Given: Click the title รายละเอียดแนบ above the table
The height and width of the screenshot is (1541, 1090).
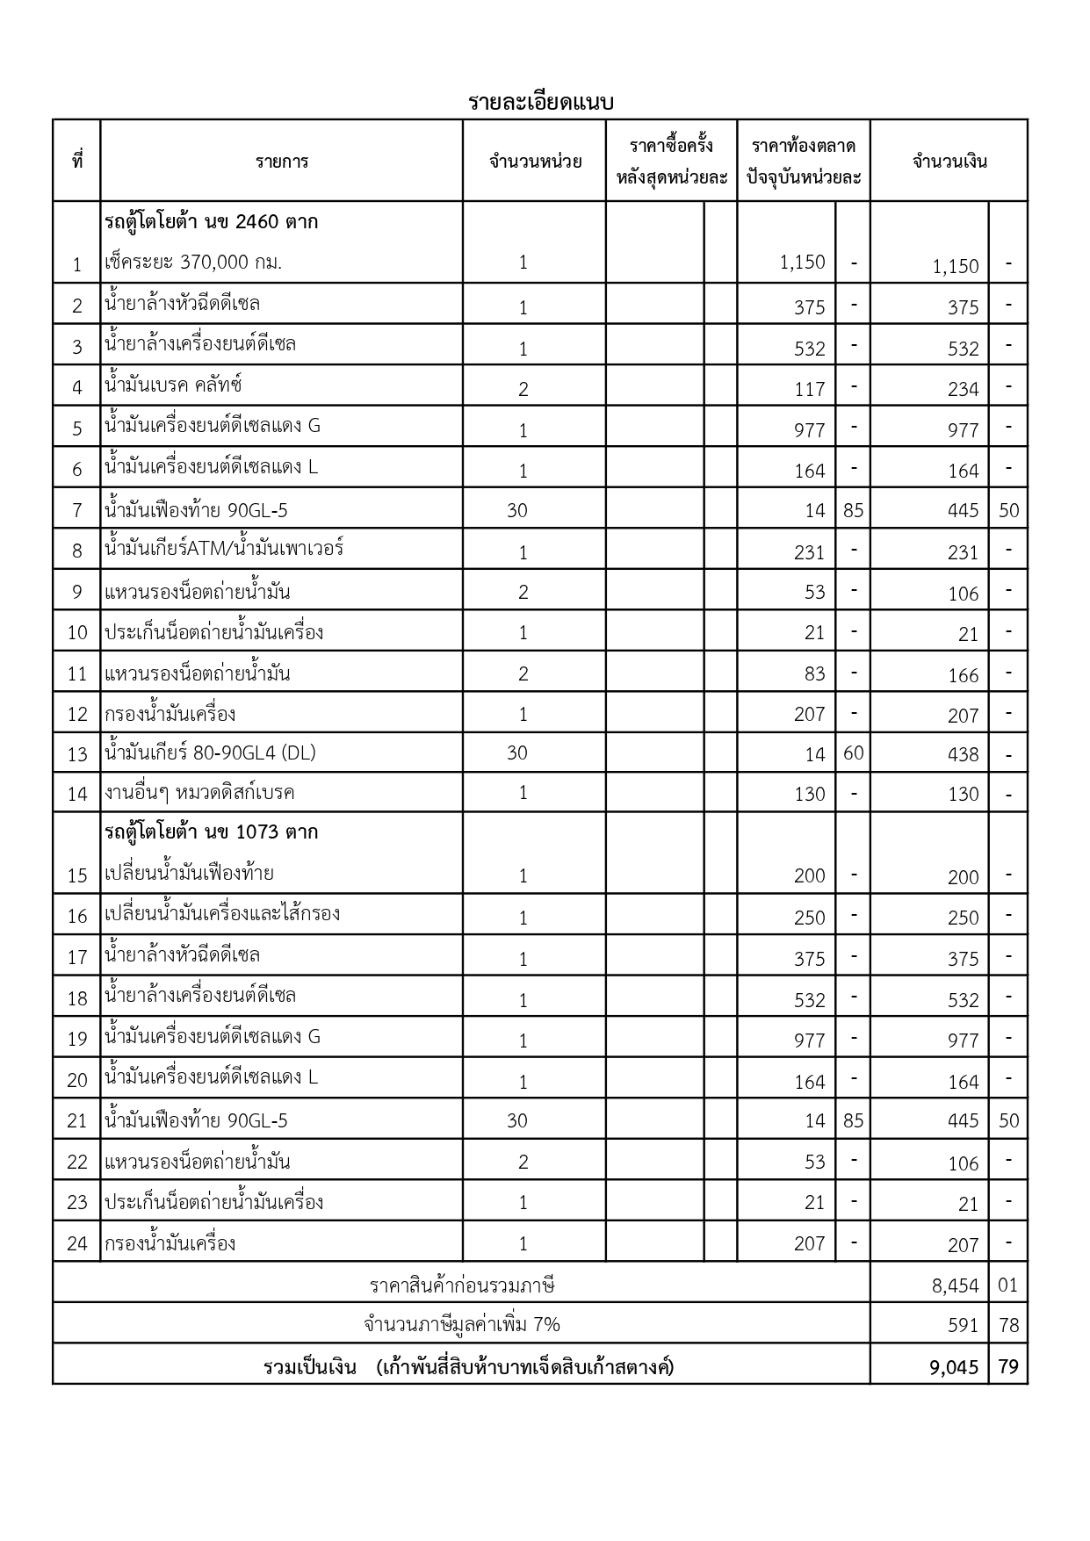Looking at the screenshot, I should pos(540,102).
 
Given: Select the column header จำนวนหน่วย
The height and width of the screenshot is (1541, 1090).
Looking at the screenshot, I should pos(535,162).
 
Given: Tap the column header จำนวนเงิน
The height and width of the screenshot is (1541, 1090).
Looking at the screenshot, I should pos(949,162).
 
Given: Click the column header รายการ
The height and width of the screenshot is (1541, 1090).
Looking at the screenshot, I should pos(282,162).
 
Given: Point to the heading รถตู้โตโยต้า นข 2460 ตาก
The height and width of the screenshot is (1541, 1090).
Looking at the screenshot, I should pos(212,221).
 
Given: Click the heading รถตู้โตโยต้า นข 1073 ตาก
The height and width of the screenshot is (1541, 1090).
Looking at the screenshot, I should pos(212,831).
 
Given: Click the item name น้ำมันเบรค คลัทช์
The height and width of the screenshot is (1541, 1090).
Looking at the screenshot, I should pos(173,385).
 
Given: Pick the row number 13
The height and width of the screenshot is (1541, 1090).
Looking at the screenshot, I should pos(77,754).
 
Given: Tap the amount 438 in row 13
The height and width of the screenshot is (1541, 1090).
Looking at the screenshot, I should pos(963,754).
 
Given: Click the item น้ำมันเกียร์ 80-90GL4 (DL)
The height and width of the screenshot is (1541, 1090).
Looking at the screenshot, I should pos(210,752).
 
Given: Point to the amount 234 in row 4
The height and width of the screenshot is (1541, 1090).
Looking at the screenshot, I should pos(963,389).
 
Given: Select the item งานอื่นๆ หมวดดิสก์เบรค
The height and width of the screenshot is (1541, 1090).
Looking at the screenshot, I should pos(199,793).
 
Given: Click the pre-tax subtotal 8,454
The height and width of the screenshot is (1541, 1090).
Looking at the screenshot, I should pos(955,1285).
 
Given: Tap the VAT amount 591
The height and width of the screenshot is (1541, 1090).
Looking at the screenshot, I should pos(963,1325).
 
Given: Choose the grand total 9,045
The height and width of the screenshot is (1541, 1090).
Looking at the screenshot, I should pos(954,1366).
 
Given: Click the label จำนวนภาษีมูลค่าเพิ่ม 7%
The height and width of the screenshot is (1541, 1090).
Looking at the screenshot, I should pos(462,1324).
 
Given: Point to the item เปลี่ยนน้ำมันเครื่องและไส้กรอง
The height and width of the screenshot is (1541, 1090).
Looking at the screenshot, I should pos(222,914).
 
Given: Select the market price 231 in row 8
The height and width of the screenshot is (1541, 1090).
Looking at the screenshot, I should pos(809,552).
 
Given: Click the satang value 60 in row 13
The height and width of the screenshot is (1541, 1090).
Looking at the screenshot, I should pos(853,752).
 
